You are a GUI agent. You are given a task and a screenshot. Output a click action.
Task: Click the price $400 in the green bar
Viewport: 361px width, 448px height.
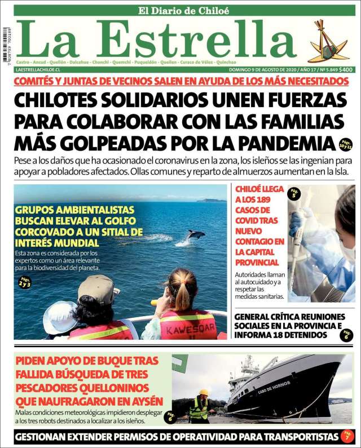346,69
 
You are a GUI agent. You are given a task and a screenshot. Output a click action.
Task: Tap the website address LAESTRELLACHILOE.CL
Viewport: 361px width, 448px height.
38,69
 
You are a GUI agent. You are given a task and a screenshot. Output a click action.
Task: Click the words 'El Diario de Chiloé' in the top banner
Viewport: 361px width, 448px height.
184,10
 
